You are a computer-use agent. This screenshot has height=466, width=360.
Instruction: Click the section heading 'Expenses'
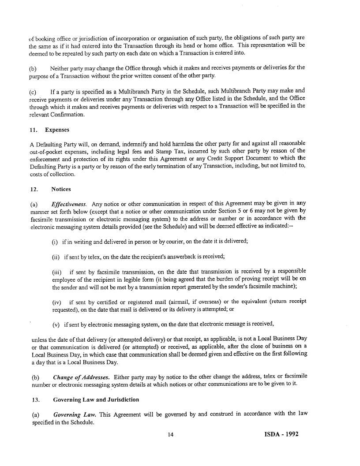click(57, 130)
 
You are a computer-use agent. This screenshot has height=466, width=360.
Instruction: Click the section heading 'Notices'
click(61, 189)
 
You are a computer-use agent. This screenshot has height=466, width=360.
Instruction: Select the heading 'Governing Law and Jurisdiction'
click(96, 399)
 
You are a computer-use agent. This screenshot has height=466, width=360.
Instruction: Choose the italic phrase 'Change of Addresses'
click(81, 377)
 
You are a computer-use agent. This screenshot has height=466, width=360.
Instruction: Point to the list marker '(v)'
click(56, 324)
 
